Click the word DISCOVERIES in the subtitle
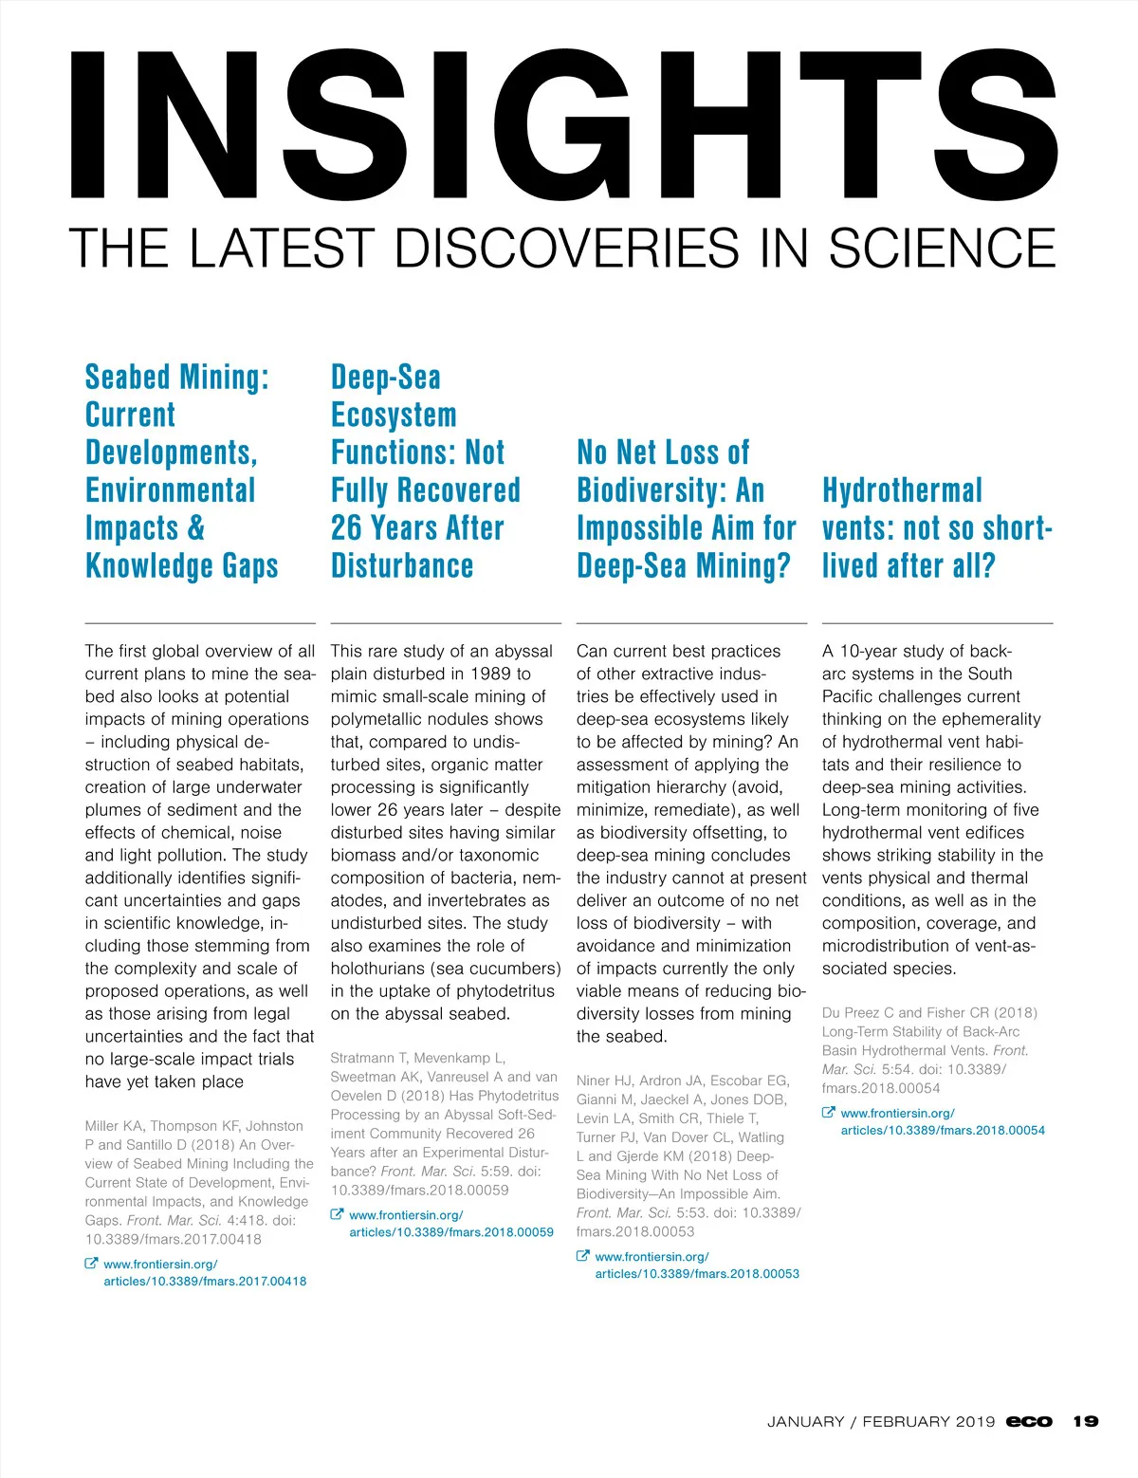[565, 249]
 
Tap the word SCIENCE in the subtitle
[942, 249]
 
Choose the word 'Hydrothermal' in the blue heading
[902, 490]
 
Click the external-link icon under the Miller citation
[91, 1264]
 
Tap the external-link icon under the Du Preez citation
[828, 1113]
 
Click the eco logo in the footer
[1029, 1421]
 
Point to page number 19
[1086, 1421]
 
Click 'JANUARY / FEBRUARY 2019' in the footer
[881, 1421]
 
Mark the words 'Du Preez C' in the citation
[857, 1012]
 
